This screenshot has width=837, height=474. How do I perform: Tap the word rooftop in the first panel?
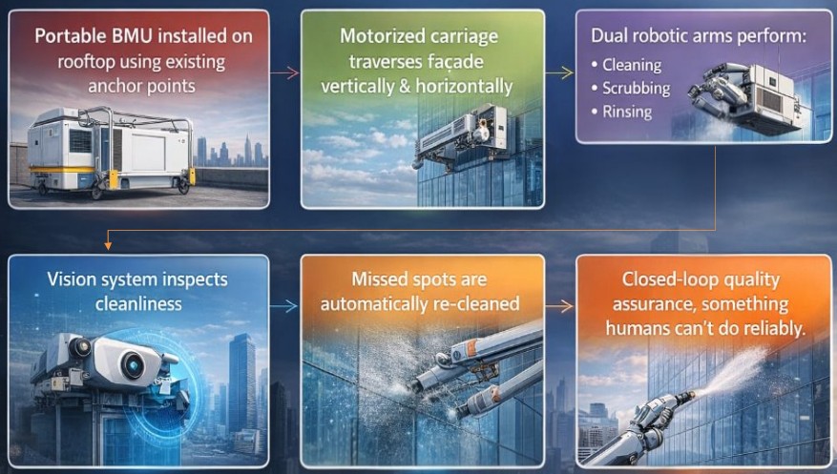(85, 62)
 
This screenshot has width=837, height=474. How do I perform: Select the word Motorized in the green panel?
(381, 36)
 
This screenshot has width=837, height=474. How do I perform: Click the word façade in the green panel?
(453, 62)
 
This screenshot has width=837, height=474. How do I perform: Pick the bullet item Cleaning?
(632, 65)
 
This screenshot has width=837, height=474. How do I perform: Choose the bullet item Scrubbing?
(637, 89)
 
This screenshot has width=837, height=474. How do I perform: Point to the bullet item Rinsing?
(627, 112)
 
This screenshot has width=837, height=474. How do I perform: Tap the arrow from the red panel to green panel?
(284, 73)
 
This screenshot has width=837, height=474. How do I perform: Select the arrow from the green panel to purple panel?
(559, 73)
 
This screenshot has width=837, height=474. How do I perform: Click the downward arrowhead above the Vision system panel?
(108, 246)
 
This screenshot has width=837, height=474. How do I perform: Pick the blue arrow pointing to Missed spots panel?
(283, 306)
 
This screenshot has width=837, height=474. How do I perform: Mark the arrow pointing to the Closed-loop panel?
(559, 306)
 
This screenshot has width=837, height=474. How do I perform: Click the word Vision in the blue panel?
(69, 279)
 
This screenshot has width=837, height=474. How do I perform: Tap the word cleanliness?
(138, 304)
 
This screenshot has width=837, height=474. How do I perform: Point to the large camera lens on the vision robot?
(132, 364)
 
